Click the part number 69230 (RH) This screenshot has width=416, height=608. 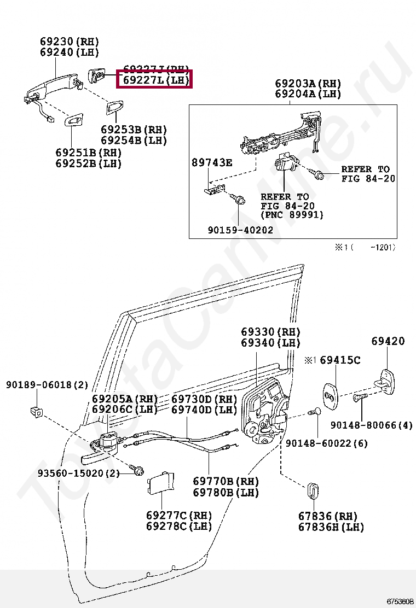(x=69, y=42)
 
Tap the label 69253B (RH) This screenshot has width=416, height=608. (x=134, y=130)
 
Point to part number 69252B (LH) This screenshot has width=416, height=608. (x=88, y=163)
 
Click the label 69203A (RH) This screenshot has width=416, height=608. (x=308, y=84)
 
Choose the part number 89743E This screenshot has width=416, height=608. (x=212, y=162)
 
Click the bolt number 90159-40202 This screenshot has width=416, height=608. (x=240, y=230)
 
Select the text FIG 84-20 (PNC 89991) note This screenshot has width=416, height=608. (x=292, y=210)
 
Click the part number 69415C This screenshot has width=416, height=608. (x=340, y=360)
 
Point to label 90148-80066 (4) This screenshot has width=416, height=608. (x=371, y=425)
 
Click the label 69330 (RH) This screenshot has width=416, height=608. (x=270, y=332)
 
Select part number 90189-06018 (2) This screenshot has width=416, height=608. (x=47, y=385)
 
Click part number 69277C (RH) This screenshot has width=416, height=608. (x=178, y=515)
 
